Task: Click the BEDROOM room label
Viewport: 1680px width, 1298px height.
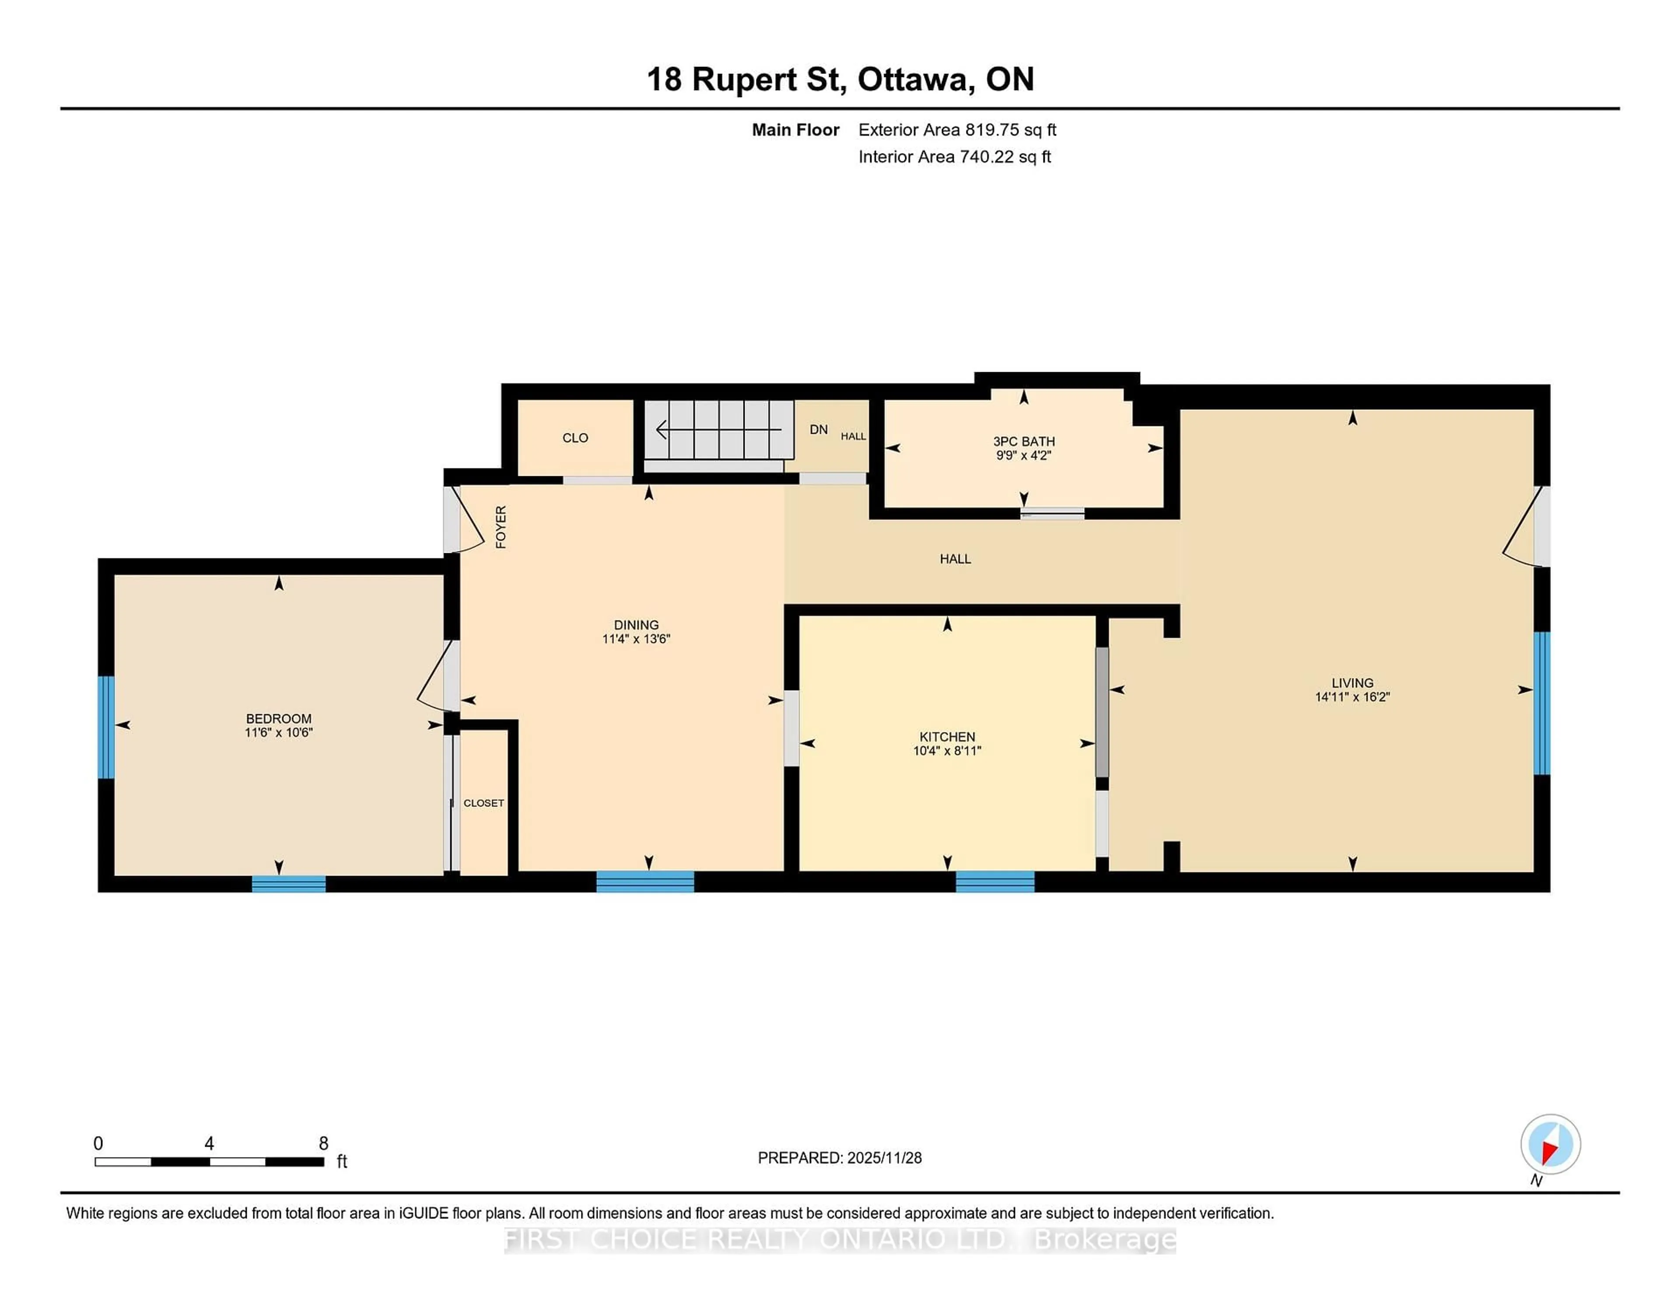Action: (x=278, y=718)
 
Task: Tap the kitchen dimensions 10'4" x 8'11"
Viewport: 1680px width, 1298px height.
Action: (x=947, y=750)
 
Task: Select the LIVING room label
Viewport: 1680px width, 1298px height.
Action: (x=1352, y=683)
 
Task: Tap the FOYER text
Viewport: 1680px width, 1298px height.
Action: (x=501, y=527)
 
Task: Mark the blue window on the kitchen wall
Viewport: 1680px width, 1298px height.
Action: (x=994, y=881)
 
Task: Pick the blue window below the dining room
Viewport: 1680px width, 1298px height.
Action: (x=644, y=881)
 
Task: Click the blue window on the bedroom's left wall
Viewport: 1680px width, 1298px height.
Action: (x=106, y=727)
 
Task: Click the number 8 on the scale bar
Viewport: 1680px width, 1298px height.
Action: (x=324, y=1144)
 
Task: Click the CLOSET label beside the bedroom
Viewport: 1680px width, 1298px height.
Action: (x=483, y=803)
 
